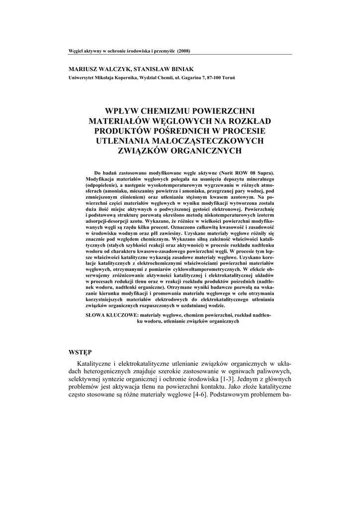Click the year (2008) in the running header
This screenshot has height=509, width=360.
(x=184, y=51)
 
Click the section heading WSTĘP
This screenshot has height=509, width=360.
(x=81, y=352)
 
